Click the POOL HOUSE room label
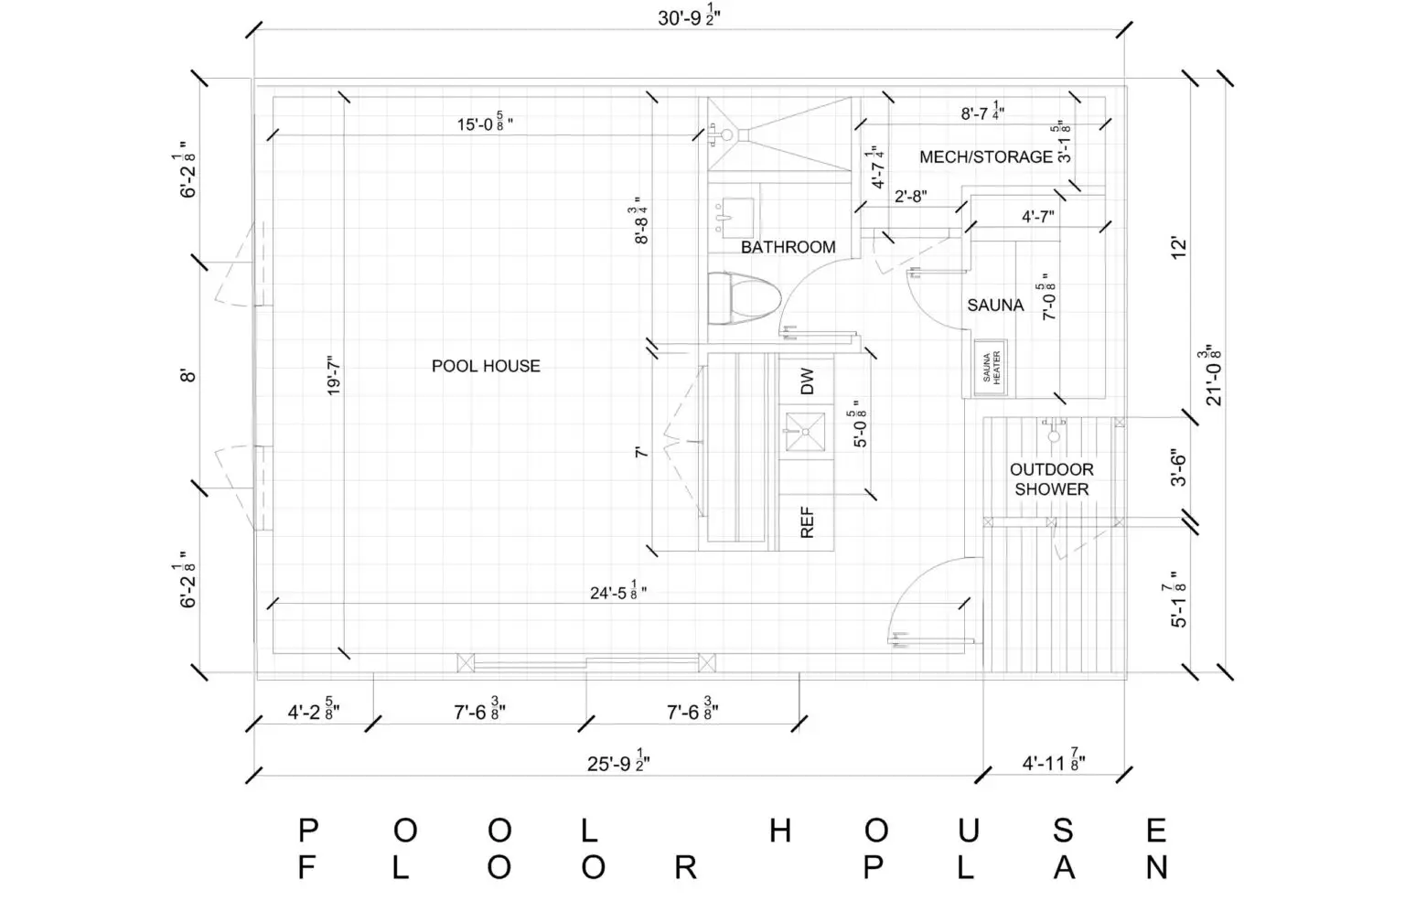[486, 366]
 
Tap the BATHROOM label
[788, 247]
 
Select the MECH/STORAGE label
[986, 156]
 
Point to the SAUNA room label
[995, 306]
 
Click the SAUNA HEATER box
[991, 369]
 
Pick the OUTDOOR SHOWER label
[1051, 479]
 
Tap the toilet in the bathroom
[744, 298]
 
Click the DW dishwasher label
[807, 381]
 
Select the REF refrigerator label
[807, 522]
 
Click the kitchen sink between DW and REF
[805, 432]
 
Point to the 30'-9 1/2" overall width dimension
[689, 17]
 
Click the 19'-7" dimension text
[333, 376]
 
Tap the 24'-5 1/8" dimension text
[617, 592]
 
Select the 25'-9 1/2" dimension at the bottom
[618, 762]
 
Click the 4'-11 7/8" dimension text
[1054, 762]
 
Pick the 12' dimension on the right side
[1179, 247]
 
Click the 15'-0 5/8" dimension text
[484, 123]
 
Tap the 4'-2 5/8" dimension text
[314, 711]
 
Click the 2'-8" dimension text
[911, 197]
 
